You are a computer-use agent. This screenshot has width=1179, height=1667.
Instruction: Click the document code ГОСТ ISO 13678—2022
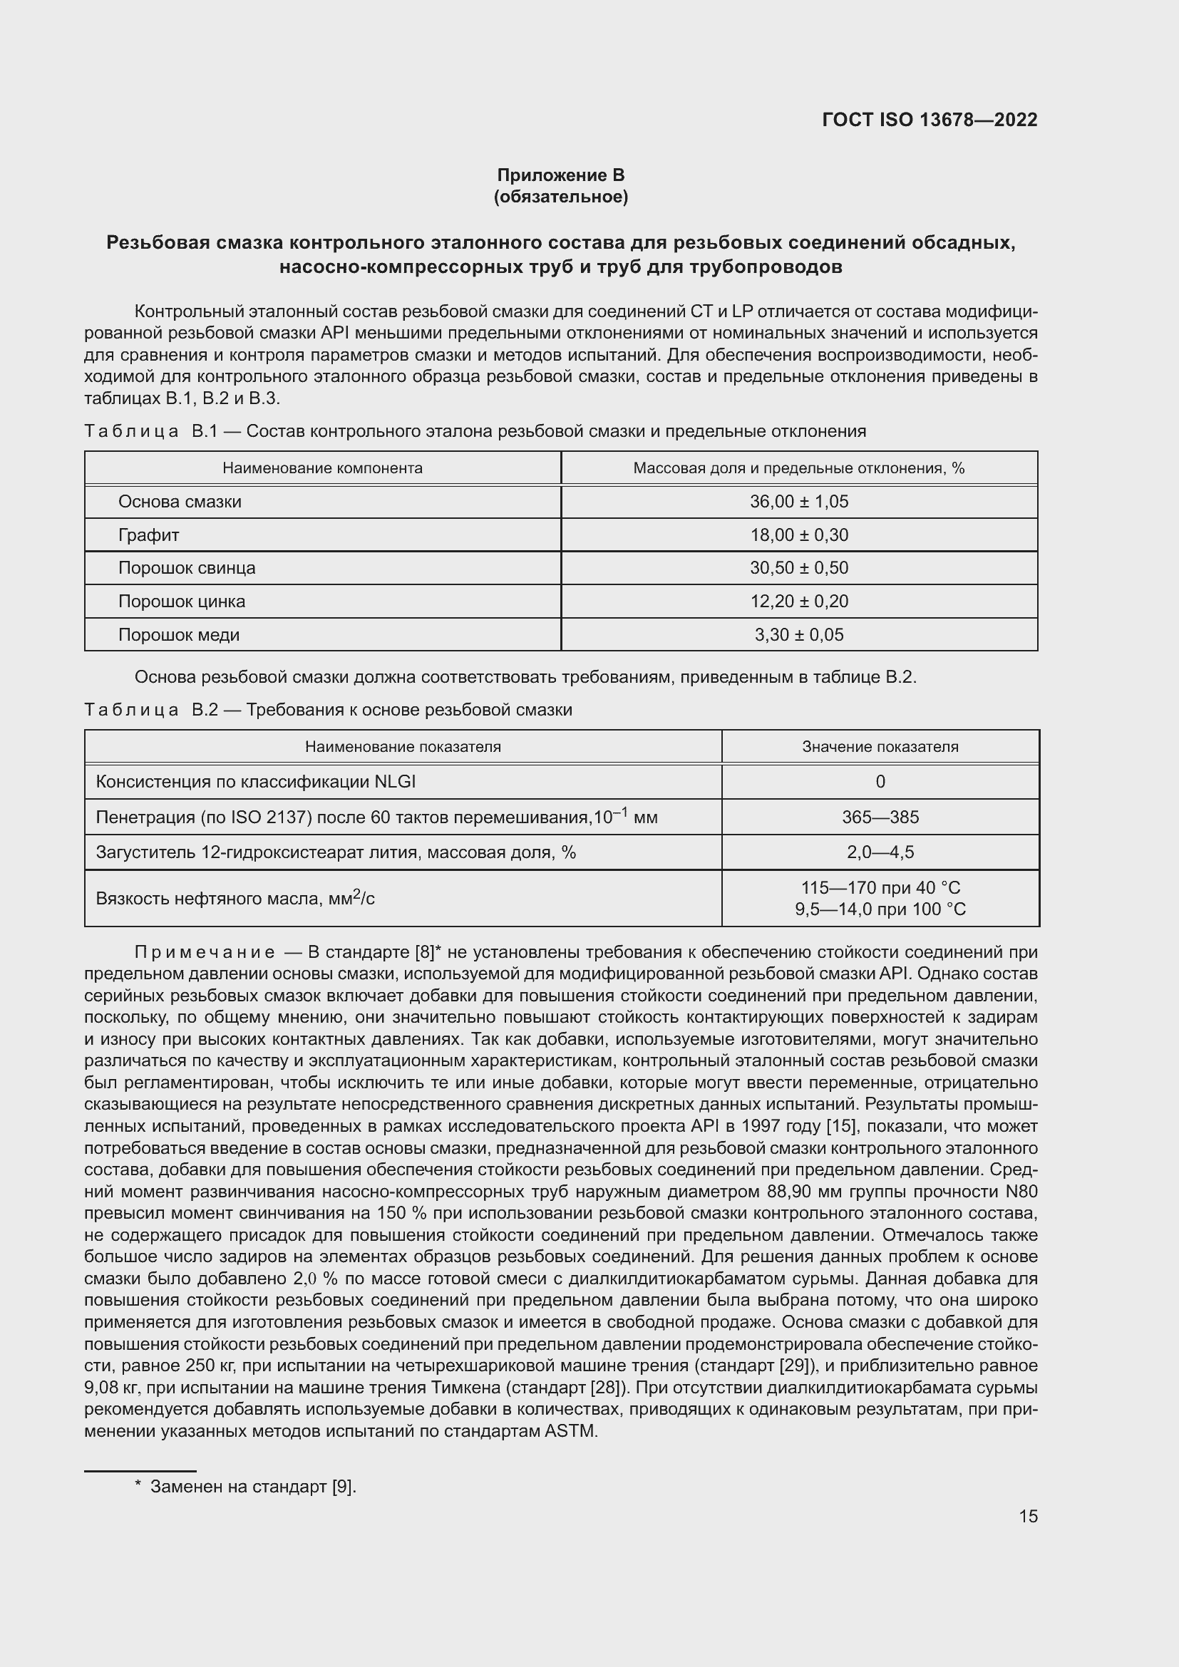pos(930,120)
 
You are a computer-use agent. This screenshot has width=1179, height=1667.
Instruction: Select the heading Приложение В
pos(560,175)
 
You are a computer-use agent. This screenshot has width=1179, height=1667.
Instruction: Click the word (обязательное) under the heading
pos(560,197)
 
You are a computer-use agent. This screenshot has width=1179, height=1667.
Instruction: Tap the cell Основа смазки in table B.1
pos(180,502)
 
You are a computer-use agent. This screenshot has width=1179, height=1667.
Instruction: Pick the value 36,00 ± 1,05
pos(798,502)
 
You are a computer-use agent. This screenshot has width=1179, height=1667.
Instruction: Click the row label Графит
pos(148,535)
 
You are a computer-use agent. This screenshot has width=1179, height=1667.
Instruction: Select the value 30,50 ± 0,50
pos(798,568)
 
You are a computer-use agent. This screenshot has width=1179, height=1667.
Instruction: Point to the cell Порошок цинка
pos(182,602)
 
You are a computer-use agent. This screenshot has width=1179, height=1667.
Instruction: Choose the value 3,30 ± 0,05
pos(798,634)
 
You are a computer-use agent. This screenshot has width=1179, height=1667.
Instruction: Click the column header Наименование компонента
pos(322,468)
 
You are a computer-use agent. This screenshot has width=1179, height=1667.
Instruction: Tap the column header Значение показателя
pos(880,746)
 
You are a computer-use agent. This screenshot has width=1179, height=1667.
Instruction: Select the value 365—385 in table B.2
pos(880,817)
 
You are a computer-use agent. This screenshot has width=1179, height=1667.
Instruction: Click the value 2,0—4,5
pos(880,852)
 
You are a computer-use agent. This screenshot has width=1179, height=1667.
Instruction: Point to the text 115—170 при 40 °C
pos(880,887)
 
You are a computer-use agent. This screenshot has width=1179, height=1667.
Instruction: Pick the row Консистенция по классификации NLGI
pos(256,781)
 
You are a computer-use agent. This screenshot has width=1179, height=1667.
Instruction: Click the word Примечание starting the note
pos(205,952)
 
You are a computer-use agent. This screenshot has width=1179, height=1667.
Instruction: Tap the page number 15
pos(1028,1516)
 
